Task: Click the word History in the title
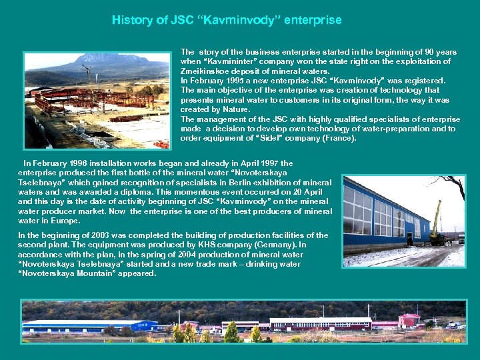point(131,20)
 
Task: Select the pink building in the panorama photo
point(409,321)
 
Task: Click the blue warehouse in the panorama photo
point(90,326)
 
